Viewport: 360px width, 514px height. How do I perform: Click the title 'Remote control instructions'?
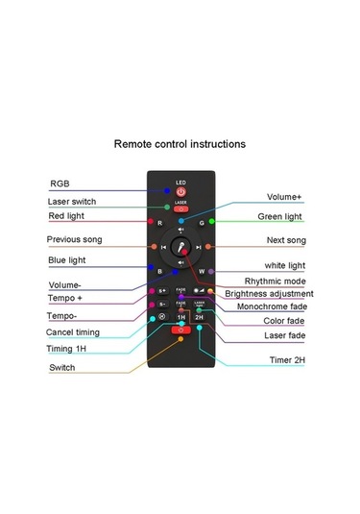[x=180, y=144]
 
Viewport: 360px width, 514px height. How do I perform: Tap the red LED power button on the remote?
[x=180, y=192]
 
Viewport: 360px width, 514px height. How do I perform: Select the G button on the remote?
[x=202, y=222]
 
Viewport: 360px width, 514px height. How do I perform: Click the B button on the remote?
[x=159, y=271]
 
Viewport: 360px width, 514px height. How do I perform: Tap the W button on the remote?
[x=202, y=271]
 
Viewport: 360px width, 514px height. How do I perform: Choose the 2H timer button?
[x=199, y=316]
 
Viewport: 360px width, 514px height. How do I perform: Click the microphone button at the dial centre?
[x=180, y=247]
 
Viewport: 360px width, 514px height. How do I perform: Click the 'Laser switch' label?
[x=71, y=202]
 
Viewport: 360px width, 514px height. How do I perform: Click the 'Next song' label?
[x=286, y=239]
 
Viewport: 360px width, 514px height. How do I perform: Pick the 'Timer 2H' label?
[x=287, y=360]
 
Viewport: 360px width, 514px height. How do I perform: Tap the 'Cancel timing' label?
[x=74, y=332]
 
